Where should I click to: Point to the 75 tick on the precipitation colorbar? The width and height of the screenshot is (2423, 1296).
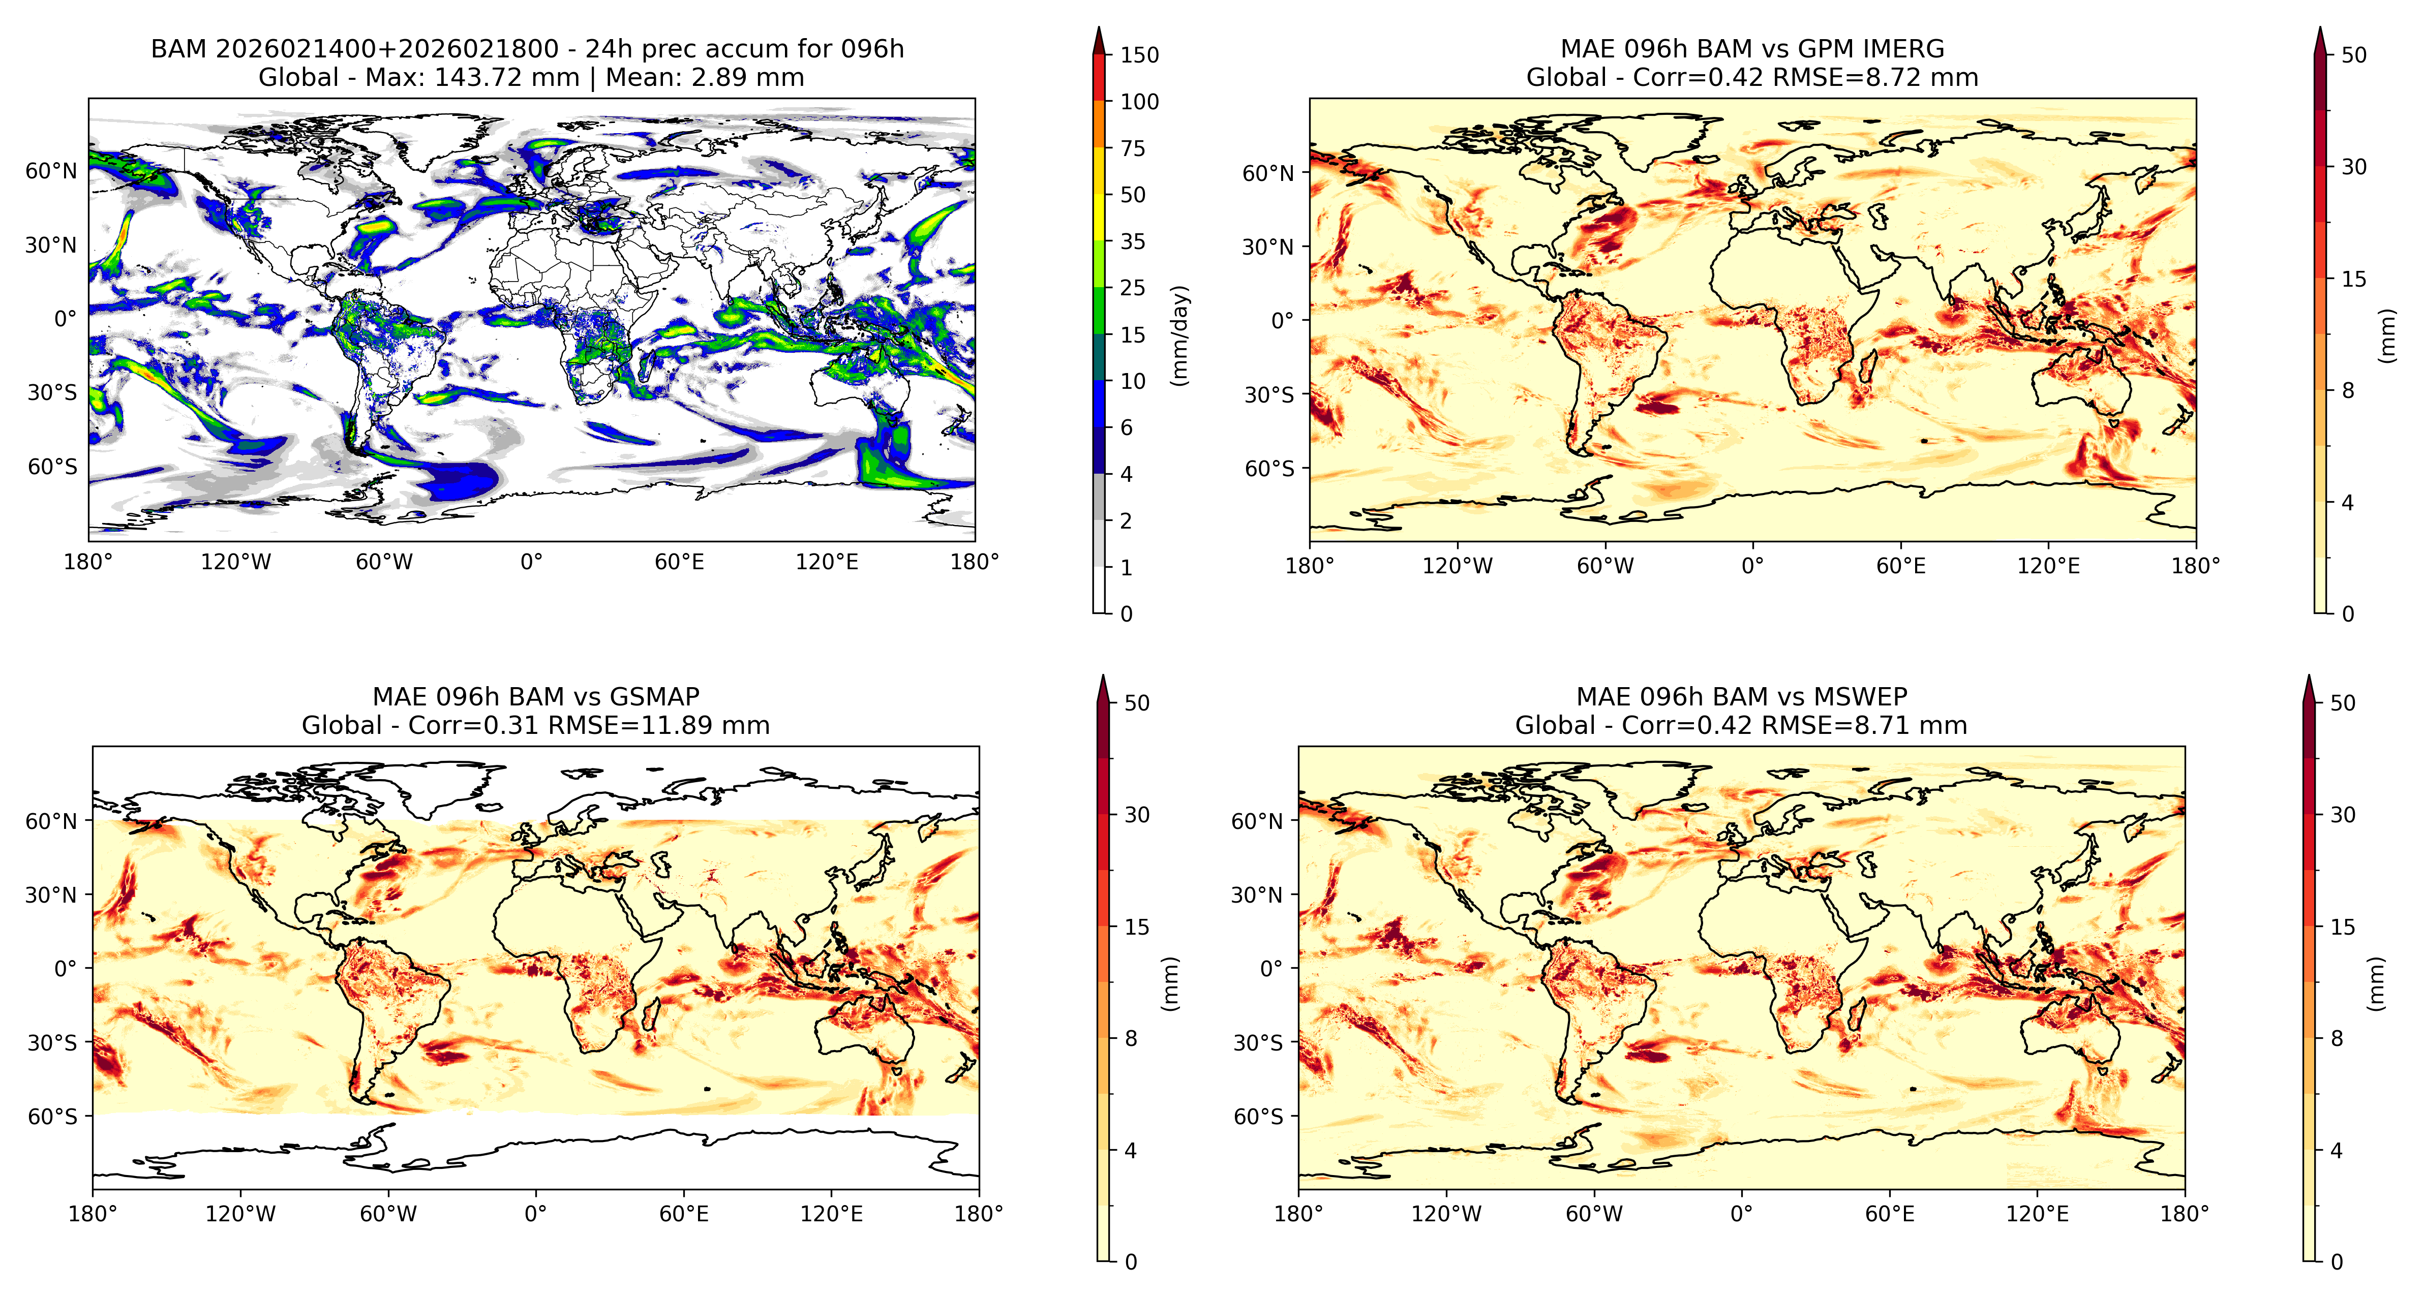click(x=1133, y=148)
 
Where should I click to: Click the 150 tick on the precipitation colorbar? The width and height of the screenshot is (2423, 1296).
click(x=1139, y=54)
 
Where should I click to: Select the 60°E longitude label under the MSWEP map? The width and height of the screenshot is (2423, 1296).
click(x=1890, y=1213)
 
